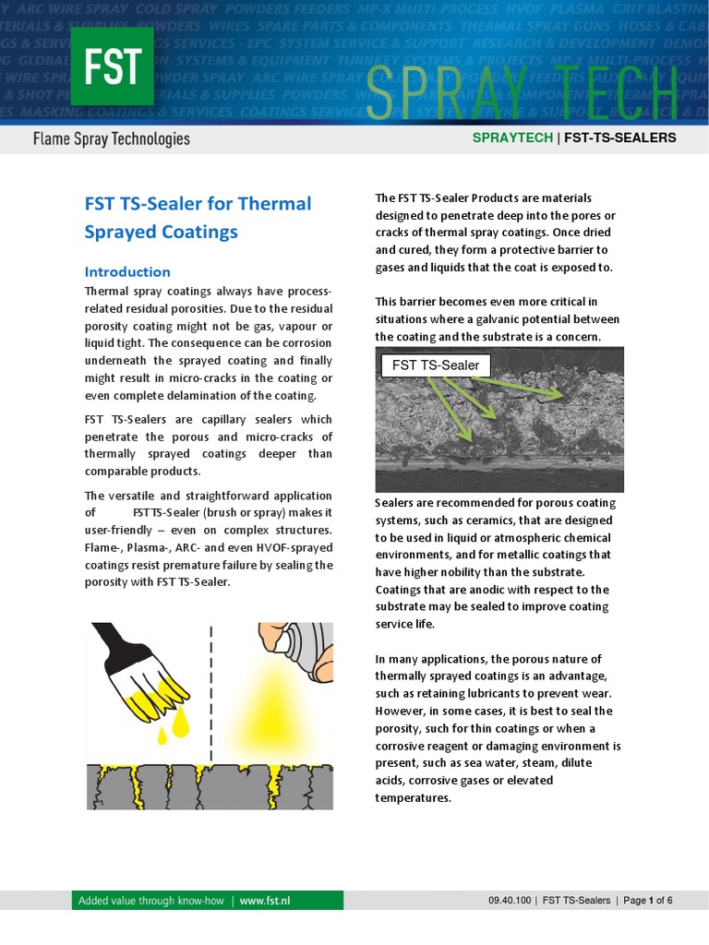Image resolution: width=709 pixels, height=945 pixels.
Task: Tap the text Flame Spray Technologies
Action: (x=111, y=139)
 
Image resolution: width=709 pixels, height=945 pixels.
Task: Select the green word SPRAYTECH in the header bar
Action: (x=512, y=138)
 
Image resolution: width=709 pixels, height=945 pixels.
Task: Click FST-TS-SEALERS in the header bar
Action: (x=619, y=138)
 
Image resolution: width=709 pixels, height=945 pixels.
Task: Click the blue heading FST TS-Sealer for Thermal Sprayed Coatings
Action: (x=198, y=217)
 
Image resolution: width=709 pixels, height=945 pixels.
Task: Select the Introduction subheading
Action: (x=127, y=271)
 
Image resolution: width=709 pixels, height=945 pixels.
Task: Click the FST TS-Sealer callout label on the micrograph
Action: (x=436, y=365)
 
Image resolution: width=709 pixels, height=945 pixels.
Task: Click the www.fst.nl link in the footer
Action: (x=265, y=901)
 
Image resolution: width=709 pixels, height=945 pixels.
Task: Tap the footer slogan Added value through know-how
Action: (x=150, y=901)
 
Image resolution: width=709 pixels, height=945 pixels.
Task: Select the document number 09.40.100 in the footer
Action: (x=510, y=901)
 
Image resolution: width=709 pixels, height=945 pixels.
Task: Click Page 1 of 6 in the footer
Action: (x=648, y=901)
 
